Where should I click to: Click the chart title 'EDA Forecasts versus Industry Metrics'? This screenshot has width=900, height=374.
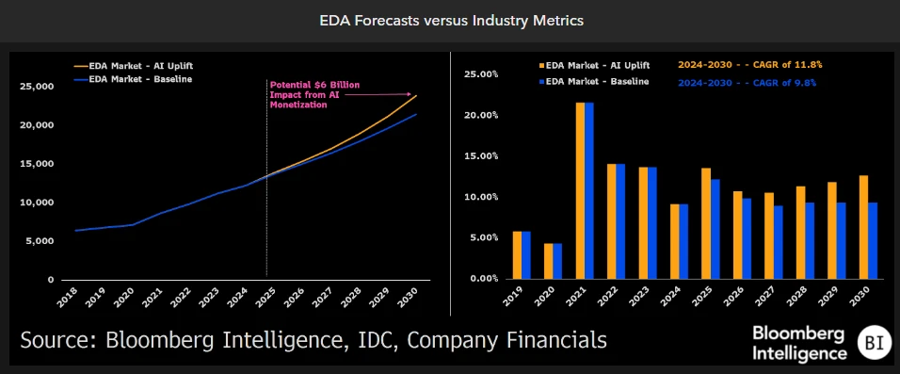449,20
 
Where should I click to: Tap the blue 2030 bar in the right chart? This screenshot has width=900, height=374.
872,241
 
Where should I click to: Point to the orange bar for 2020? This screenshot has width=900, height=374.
548,261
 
